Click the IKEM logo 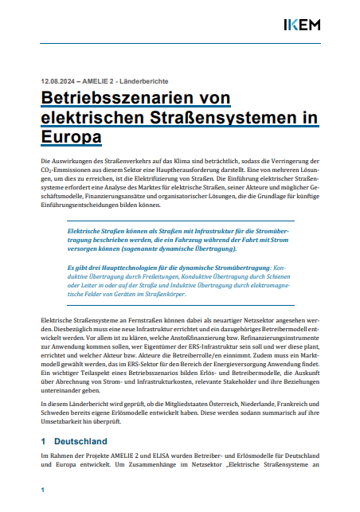(x=303, y=25)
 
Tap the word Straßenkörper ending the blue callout (x=165, y=293)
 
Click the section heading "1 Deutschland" (x=74, y=440)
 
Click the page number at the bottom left (x=43, y=488)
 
